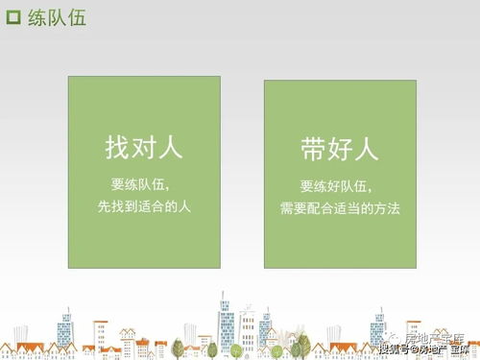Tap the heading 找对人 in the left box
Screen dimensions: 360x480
point(143,149)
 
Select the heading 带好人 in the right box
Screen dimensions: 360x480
point(339,150)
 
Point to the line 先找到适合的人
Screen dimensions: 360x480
point(144,204)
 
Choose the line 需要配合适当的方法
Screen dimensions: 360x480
point(339,207)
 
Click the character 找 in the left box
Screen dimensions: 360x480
point(117,149)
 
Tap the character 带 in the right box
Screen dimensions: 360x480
point(313,150)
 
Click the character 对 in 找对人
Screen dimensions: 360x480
point(143,149)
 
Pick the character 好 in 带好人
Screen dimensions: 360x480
point(339,150)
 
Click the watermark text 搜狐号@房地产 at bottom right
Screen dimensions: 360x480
point(407,348)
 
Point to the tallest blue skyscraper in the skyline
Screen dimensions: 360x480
point(227,326)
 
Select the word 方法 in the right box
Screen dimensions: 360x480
point(387,207)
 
